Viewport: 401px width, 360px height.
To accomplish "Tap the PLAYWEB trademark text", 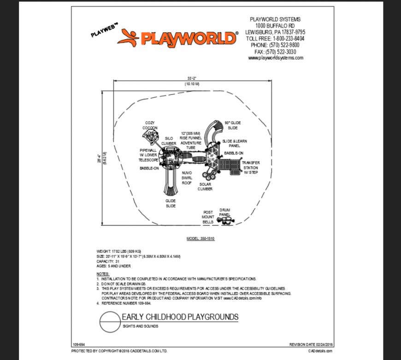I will (105, 30).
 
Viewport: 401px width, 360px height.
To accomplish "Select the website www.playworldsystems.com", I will (276, 58).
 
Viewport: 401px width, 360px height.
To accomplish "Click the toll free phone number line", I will (275, 39).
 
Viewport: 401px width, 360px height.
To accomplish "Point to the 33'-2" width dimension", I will (192, 78).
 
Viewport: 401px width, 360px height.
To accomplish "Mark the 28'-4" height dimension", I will (98, 158).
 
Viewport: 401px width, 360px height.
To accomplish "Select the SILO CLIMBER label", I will (169, 141).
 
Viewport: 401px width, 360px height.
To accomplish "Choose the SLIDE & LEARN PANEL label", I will (234, 143).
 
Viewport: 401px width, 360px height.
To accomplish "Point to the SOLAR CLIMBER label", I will (206, 186).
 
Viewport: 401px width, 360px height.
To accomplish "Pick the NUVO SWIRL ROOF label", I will (187, 177).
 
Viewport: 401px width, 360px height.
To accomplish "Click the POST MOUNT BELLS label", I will (208, 217).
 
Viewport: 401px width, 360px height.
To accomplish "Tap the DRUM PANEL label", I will (225, 211).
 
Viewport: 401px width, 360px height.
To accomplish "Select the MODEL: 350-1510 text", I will (200, 239).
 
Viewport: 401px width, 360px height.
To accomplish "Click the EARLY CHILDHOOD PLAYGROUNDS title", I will (180, 317).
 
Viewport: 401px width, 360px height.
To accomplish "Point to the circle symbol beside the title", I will (109, 320).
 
